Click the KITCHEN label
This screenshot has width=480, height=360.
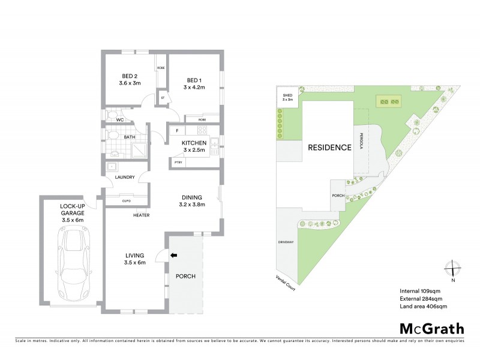pyautogui.click(x=194, y=142)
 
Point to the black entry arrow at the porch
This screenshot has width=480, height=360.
pyautogui.click(x=175, y=256)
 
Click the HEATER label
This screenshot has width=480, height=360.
pyautogui.click(x=142, y=215)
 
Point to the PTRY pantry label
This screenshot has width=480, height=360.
pyautogui.click(x=178, y=162)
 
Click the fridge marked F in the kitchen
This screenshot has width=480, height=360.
pyautogui.click(x=178, y=131)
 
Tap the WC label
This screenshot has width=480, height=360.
pyautogui.click(x=119, y=120)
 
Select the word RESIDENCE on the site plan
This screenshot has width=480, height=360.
pyautogui.click(x=329, y=148)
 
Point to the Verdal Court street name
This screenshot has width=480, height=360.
pyautogui.click(x=281, y=280)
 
